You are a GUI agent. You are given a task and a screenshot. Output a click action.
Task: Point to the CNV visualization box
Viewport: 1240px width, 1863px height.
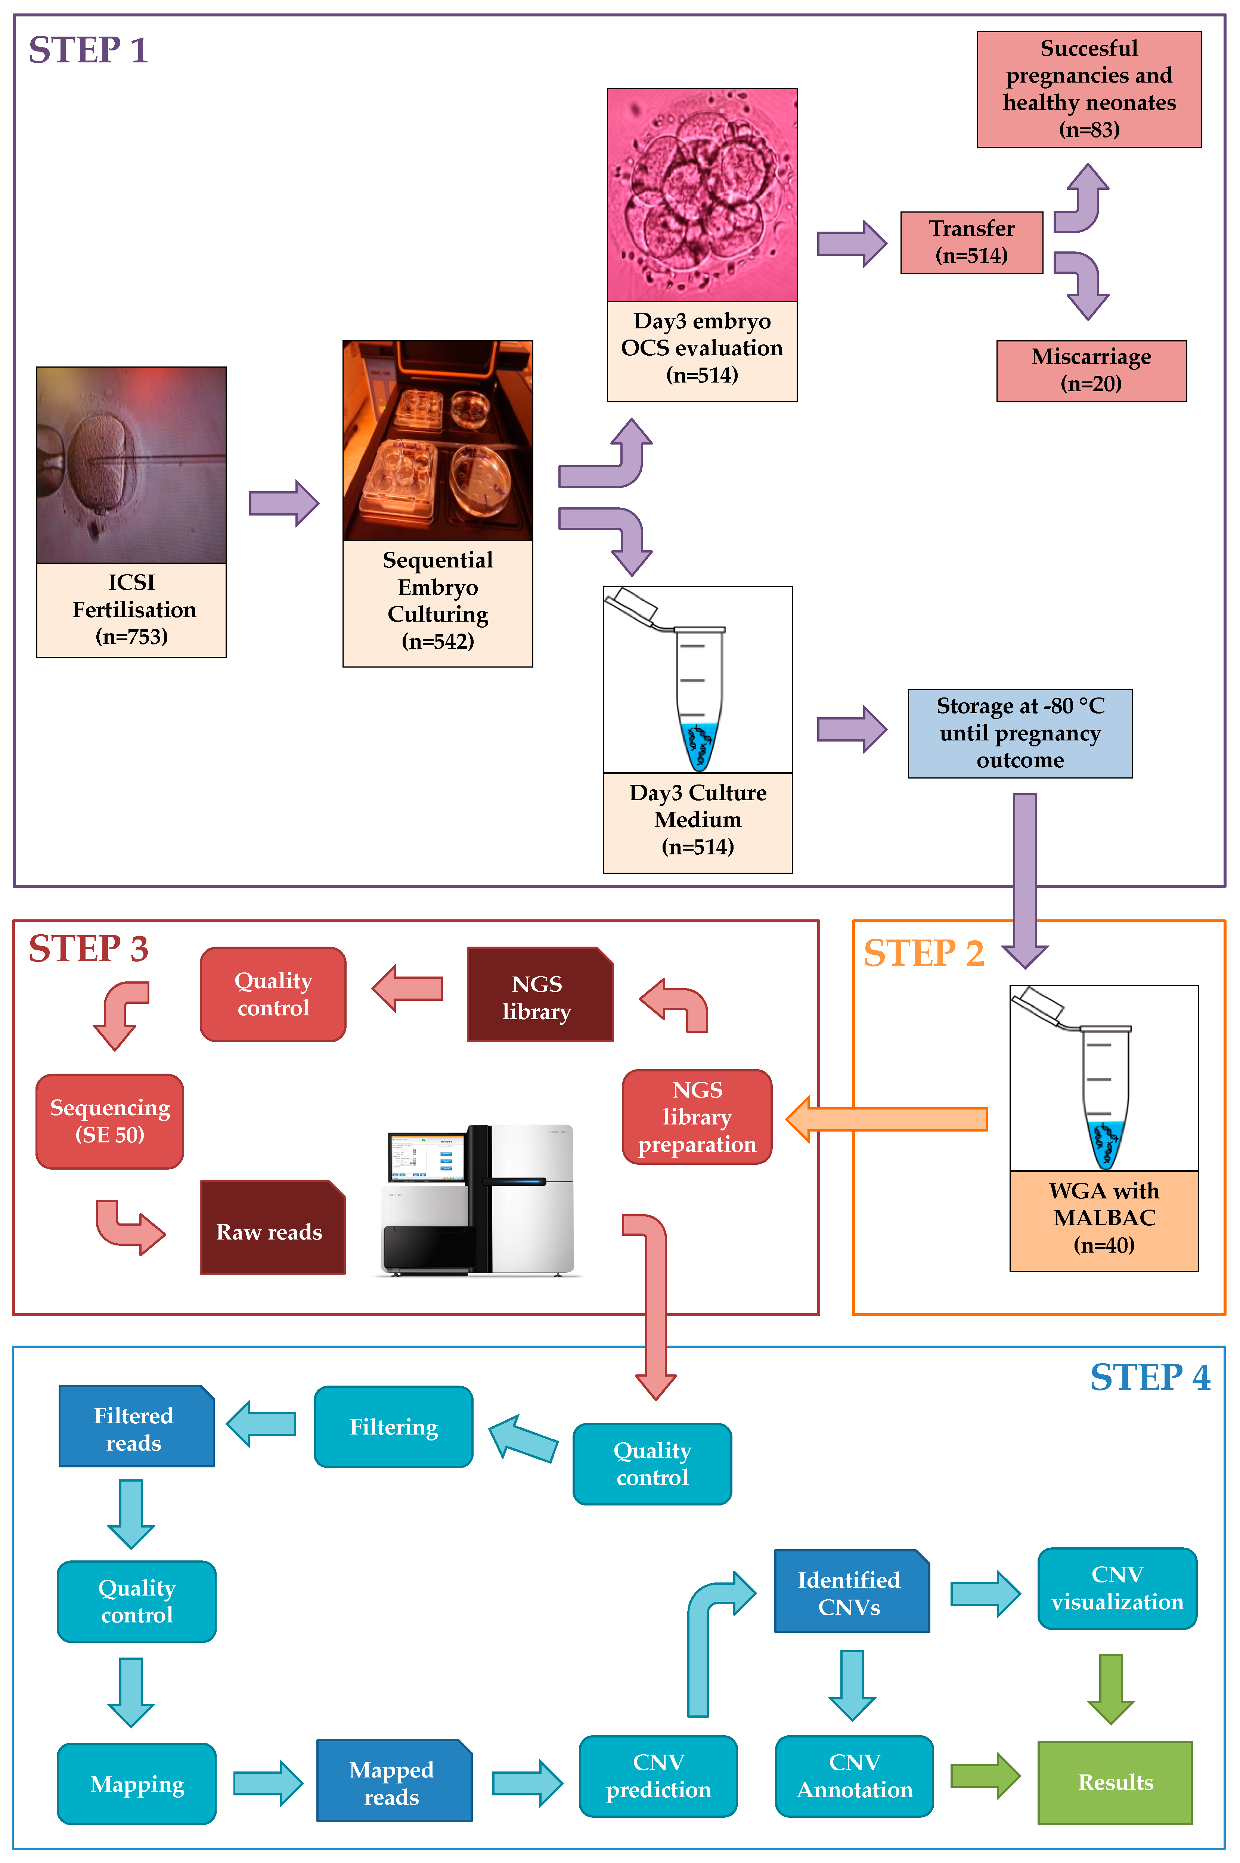[1117, 1588]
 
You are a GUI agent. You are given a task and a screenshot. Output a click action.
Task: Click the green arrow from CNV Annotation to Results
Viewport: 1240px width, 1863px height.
[985, 1775]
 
